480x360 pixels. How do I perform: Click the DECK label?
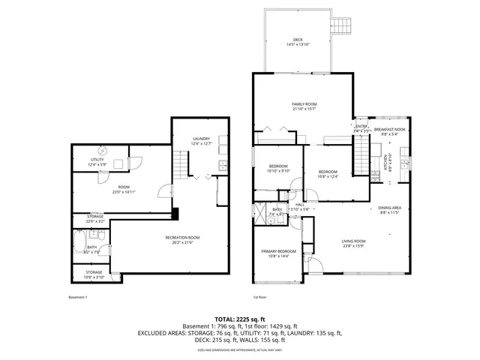point(298,40)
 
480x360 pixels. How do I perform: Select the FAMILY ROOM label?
point(304,103)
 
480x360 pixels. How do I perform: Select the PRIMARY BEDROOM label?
point(278,251)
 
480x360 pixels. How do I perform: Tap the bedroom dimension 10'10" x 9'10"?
point(278,171)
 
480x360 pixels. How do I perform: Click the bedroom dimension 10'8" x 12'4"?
point(328,176)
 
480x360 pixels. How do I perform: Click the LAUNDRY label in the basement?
point(201,138)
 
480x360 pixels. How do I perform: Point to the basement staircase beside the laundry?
point(181,163)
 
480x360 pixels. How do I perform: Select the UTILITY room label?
point(97,160)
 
